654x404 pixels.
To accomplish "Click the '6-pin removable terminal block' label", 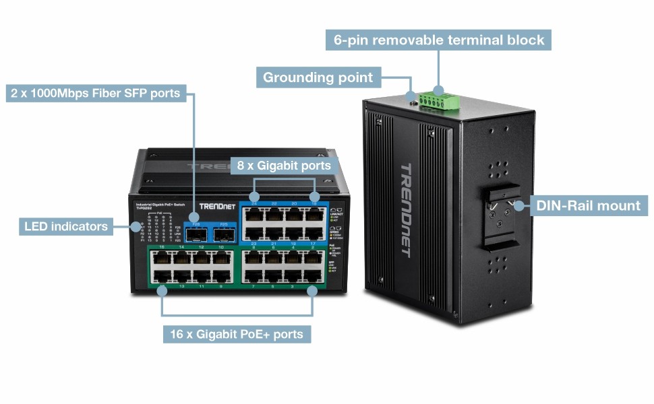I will pos(439,40).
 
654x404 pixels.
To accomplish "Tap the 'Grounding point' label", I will pos(318,77).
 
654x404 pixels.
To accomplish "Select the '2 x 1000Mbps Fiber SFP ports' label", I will pos(96,94).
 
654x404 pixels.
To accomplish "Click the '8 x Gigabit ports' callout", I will pos(283,165).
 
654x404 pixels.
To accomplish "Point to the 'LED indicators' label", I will pos(66,226).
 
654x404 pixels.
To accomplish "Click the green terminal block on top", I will pos(438,100).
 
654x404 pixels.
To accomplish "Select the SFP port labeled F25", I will pos(224,234).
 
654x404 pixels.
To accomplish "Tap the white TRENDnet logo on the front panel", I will pos(216,206).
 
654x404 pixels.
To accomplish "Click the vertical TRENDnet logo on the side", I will pos(405,209).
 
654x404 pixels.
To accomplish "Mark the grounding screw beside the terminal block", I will pos(413,103).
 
